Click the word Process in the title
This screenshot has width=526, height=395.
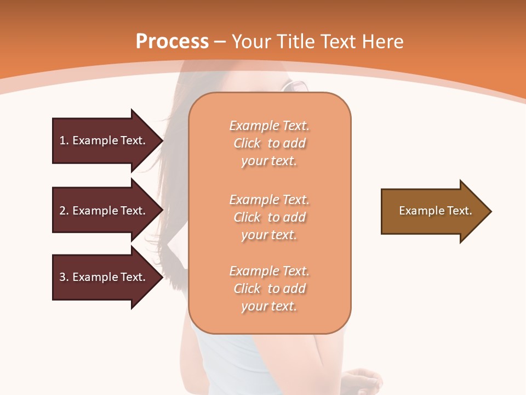(x=172, y=42)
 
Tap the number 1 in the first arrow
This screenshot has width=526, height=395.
(x=62, y=140)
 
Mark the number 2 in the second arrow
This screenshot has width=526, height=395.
(x=62, y=211)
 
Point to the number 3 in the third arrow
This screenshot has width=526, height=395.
(x=62, y=277)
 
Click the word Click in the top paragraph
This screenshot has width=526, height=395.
(x=247, y=143)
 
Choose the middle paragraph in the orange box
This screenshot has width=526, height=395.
(x=269, y=217)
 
